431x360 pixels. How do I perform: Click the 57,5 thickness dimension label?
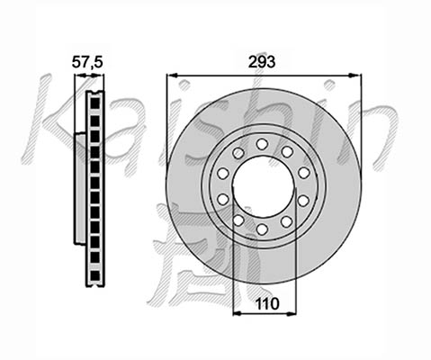click(x=87, y=63)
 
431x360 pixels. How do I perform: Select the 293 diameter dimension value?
click(x=262, y=62)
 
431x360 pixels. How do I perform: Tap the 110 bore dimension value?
click(x=266, y=304)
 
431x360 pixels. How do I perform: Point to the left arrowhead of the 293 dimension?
click(x=173, y=75)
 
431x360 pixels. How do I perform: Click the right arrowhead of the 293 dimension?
click(x=355, y=75)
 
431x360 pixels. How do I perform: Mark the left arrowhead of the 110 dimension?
click(x=238, y=314)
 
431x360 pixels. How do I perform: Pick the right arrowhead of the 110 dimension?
click(x=291, y=314)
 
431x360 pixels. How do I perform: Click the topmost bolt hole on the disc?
click(x=262, y=144)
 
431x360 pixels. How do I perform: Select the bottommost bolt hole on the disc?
click(x=262, y=229)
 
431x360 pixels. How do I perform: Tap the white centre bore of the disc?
click(x=263, y=187)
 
